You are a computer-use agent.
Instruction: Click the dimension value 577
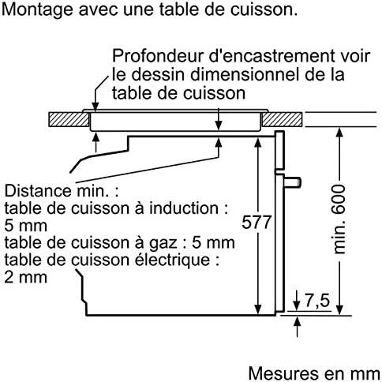point(257,223)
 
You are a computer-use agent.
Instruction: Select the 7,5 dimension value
point(317,300)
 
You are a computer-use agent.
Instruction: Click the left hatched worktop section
point(69,120)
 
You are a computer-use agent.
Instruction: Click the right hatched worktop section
point(283,120)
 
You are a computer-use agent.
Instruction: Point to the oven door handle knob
point(293,182)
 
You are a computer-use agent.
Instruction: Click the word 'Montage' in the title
point(37,9)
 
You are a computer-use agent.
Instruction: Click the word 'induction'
point(184,208)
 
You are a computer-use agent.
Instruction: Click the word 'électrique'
point(173,260)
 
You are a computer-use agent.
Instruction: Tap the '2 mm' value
point(25,277)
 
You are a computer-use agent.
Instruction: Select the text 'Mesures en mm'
point(314,373)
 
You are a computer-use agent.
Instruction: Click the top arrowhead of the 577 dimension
point(258,141)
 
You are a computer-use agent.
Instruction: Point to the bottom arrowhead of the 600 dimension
point(339,309)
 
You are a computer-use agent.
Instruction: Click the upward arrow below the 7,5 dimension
point(297,327)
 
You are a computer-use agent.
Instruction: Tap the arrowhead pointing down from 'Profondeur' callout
point(95,107)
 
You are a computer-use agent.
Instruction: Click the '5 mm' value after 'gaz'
point(213,242)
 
